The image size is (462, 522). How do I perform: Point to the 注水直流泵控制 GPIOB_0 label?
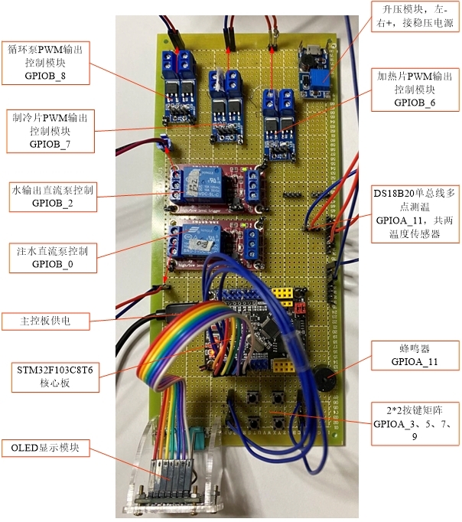52,256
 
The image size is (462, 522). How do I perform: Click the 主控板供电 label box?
47,321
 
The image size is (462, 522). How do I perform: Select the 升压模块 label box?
412,15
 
